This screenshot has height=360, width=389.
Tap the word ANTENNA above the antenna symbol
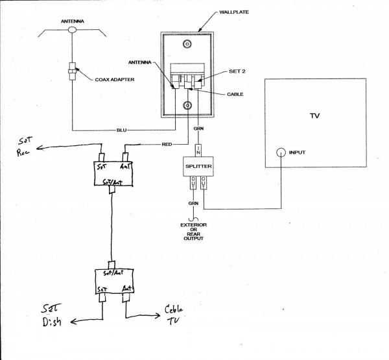(72, 20)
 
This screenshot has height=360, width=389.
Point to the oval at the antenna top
(72, 29)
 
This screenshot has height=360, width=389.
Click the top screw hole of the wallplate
(187, 45)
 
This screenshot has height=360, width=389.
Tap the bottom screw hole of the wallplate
(187, 105)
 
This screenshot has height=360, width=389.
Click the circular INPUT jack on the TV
(279, 153)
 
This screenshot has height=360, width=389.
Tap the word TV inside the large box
(314, 117)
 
